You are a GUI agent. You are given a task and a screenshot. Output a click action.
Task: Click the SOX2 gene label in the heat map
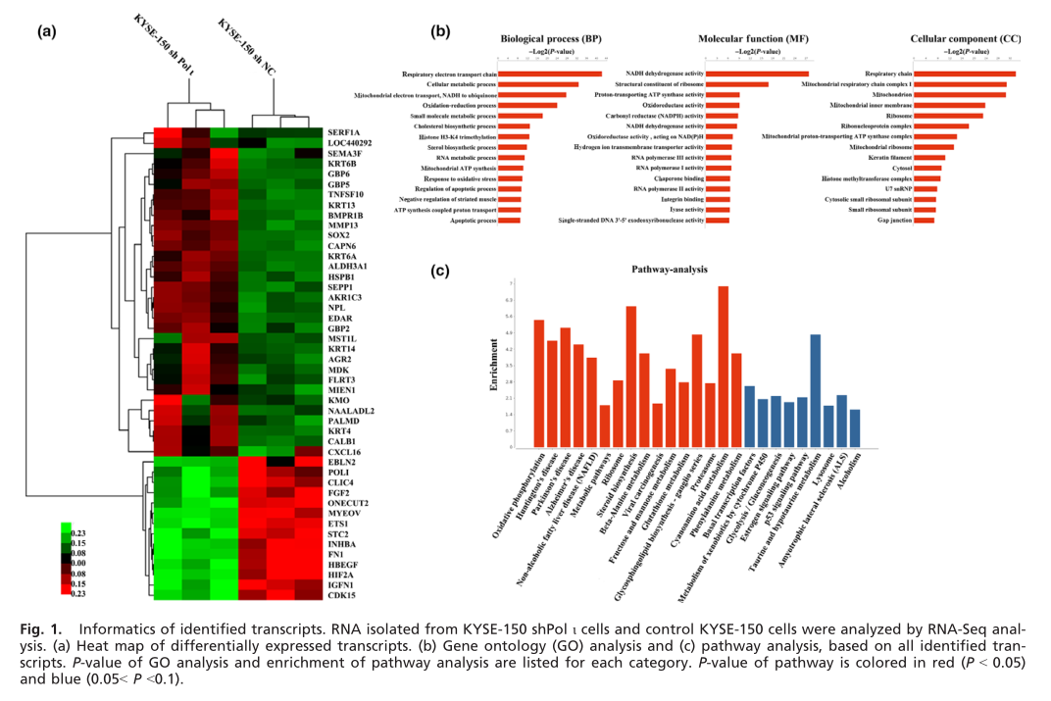(x=339, y=236)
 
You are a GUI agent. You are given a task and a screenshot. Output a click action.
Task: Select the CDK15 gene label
(x=342, y=593)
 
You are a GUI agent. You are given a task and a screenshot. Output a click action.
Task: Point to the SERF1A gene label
(x=345, y=131)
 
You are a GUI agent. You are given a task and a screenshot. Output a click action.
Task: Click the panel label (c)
(x=440, y=268)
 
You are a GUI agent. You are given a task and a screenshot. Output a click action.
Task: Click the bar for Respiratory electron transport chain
(x=551, y=74)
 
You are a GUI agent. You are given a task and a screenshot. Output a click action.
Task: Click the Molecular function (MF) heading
(x=738, y=39)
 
